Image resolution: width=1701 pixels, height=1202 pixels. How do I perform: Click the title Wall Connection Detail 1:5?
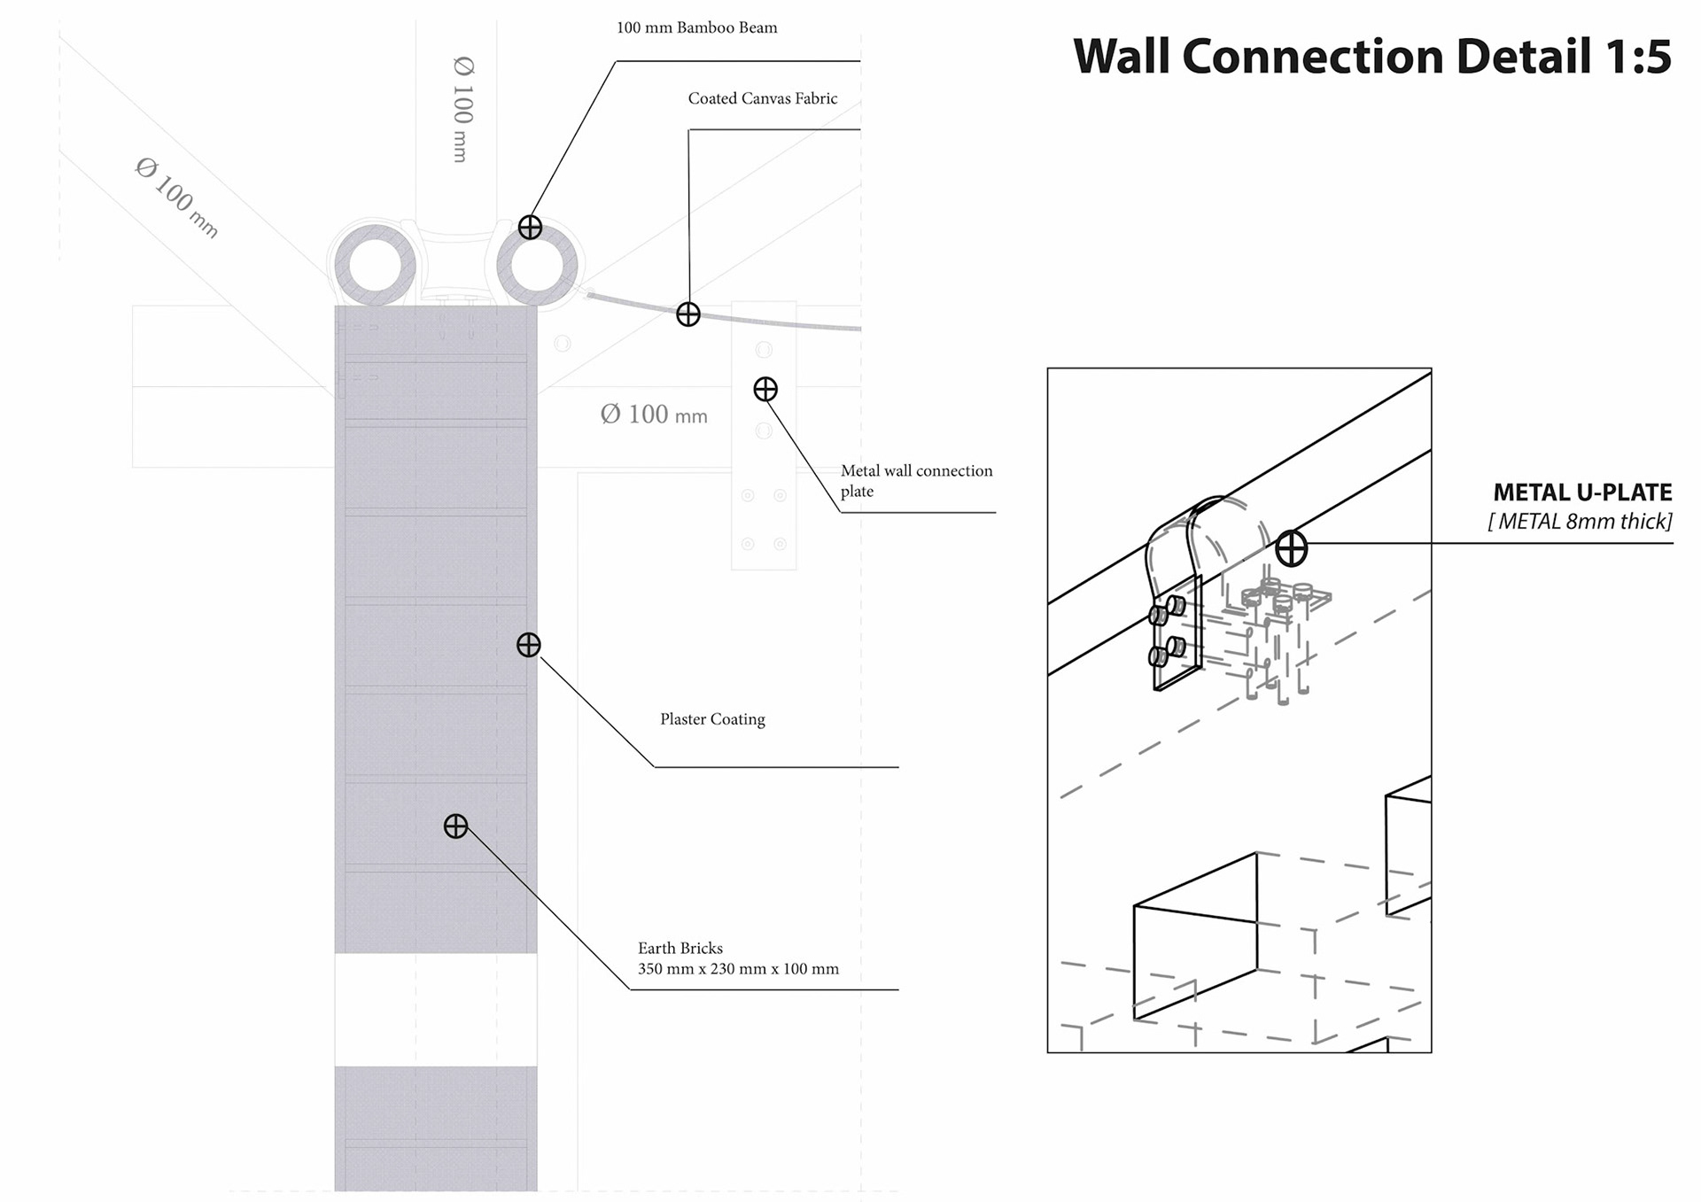pyautogui.click(x=1371, y=57)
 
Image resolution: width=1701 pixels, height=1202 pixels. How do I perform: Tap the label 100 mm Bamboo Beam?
pyautogui.click(x=696, y=27)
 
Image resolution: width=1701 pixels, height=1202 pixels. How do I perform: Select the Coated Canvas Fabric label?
pyautogui.click(x=762, y=98)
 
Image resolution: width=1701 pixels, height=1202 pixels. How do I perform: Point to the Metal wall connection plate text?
pyautogui.click(x=916, y=480)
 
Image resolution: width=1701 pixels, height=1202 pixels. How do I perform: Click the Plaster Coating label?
pyautogui.click(x=712, y=719)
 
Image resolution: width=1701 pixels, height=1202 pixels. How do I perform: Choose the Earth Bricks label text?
pyautogui.click(x=680, y=948)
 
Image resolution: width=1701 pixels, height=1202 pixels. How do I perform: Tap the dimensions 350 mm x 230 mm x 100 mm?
pyautogui.click(x=738, y=969)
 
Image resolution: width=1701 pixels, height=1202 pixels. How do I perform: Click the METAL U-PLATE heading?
pyautogui.click(x=1582, y=492)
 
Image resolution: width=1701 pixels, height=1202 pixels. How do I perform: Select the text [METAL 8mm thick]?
pyautogui.click(x=1580, y=522)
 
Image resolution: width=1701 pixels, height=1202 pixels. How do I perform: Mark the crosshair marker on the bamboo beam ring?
pyautogui.click(x=530, y=228)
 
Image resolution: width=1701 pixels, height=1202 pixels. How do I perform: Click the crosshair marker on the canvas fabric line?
pyautogui.click(x=688, y=314)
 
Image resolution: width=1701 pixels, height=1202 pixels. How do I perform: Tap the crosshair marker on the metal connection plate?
pyautogui.click(x=765, y=389)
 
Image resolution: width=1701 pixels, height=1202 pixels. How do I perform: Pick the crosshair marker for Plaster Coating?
pyautogui.click(x=529, y=645)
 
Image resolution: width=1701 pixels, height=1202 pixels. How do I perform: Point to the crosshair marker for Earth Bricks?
pyautogui.click(x=455, y=826)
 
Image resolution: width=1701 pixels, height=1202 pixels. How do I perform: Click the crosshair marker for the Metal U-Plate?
pyautogui.click(x=1291, y=549)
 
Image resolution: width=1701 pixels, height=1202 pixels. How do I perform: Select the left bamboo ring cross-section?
pyautogui.click(x=376, y=265)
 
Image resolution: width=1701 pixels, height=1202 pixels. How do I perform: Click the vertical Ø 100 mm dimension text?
pyautogui.click(x=462, y=109)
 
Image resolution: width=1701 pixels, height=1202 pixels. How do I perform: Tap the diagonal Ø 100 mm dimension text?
pyautogui.click(x=176, y=198)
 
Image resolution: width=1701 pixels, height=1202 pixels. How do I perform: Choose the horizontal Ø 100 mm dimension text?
pyautogui.click(x=654, y=415)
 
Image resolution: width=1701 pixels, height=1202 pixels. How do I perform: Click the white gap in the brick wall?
pyautogui.click(x=435, y=1010)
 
